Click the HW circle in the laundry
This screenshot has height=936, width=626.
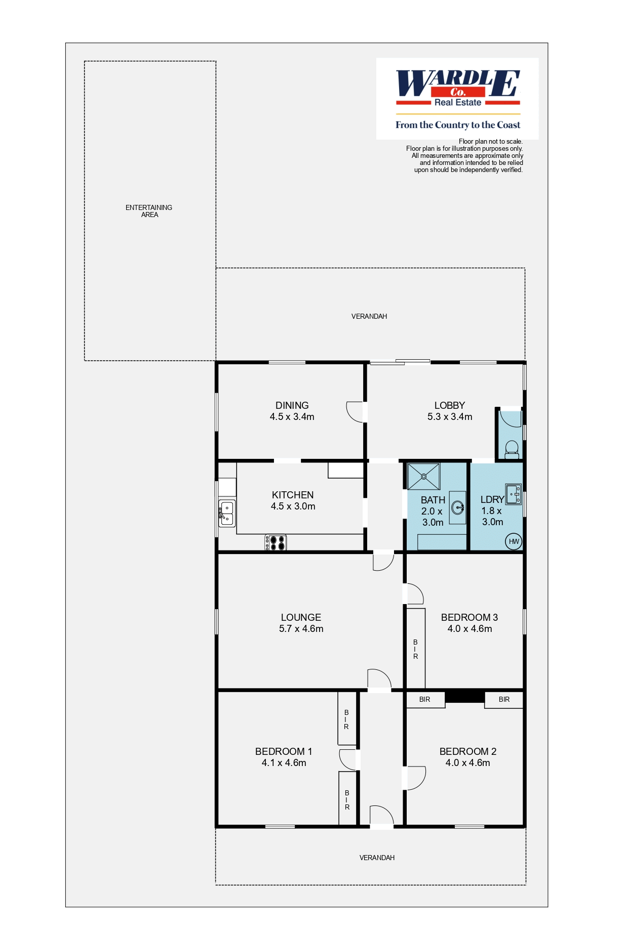514,541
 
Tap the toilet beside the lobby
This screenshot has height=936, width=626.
512,449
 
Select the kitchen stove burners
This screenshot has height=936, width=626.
276,542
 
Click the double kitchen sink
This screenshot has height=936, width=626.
227,513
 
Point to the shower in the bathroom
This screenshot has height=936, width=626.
424,476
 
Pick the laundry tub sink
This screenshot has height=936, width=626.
513,494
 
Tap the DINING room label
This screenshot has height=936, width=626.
292,405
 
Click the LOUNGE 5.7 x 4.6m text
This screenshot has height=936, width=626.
301,623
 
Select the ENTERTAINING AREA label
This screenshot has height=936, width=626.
149,211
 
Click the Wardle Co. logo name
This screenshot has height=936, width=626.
458,83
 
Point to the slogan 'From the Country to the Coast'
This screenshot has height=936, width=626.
458,125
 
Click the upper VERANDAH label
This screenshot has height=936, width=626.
369,316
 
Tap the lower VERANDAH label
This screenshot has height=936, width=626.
377,858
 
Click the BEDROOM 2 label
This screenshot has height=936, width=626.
468,751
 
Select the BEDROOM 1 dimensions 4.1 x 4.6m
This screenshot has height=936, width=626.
284,762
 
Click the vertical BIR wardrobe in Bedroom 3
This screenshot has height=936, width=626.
415,649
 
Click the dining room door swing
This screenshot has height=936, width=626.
355,411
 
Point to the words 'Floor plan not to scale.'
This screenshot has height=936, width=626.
491,142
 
